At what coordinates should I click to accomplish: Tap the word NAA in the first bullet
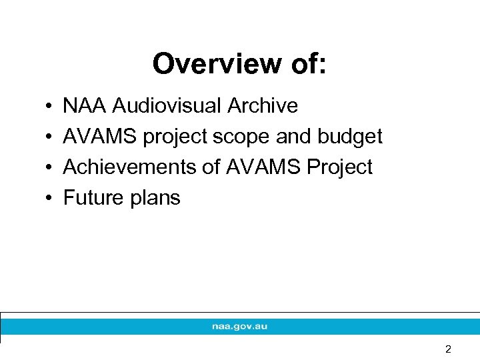(85, 106)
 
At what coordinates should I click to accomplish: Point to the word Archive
(263, 106)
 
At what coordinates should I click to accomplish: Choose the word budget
(350, 137)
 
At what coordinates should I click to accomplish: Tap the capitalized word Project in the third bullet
(339, 167)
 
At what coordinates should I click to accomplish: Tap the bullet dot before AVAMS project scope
(51, 137)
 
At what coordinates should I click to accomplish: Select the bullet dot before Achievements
(51, 168)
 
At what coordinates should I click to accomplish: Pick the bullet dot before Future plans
(51, 199)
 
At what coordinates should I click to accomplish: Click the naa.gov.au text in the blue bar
(239, 327)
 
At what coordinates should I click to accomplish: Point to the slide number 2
(448, 349)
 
